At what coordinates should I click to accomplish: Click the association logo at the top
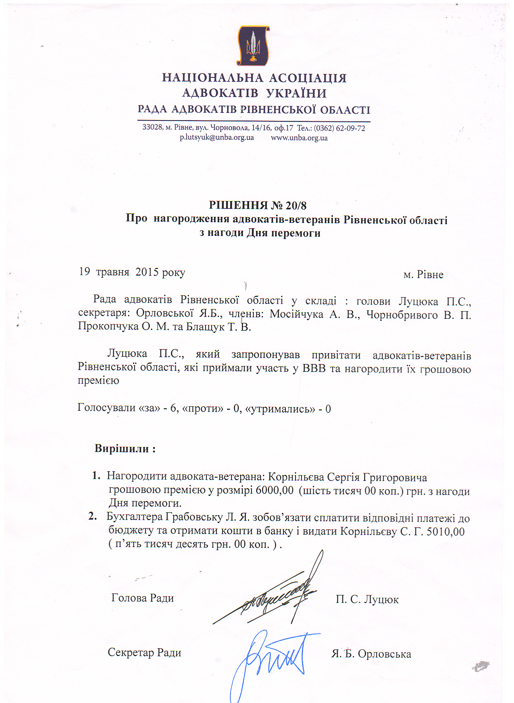point(253,46)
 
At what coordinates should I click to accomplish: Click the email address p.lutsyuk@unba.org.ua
point(216,137)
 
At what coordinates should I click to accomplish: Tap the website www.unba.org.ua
point(299,138)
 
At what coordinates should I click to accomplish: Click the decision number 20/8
point(296,206)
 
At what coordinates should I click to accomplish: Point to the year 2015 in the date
point(147,272)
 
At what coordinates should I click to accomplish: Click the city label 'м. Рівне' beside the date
point(423,275)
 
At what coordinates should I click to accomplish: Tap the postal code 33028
point(152,127)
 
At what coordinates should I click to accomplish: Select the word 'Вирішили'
point(122,449)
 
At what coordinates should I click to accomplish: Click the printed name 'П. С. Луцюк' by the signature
point(367,599)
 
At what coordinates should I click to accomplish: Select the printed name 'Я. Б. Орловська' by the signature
point(371,654)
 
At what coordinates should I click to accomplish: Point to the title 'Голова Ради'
point(142,598)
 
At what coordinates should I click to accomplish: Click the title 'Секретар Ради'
point(144,653)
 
